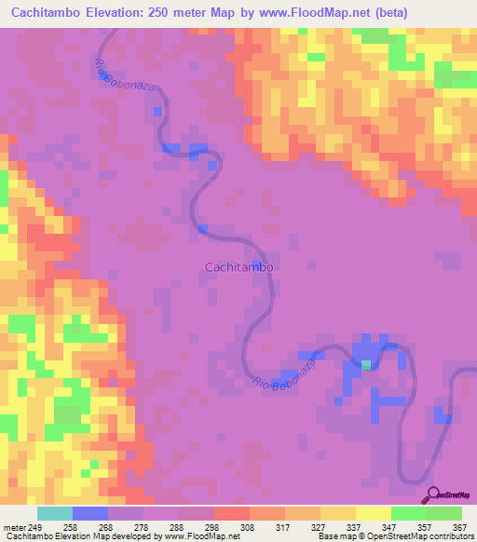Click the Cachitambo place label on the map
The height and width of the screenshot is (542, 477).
[x=238, y=266]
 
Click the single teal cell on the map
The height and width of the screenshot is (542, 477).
[x=366, y=364]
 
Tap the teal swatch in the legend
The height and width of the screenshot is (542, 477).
[x=55, y=513]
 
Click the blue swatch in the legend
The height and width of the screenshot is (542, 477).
[x=90, y=513]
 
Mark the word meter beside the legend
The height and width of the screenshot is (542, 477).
[x=14, y=528]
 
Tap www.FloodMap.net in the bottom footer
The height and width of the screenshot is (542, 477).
[x=198, y=537]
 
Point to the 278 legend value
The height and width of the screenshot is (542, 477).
[x=143, y=528]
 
